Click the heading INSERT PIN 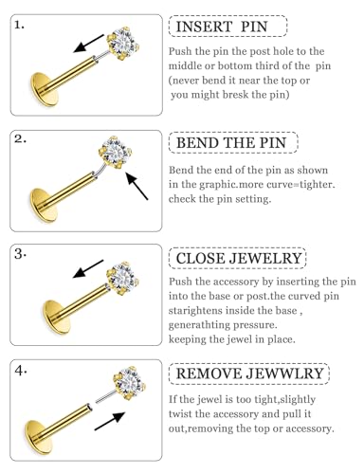click(222, 27)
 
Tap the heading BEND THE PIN click(231, 143)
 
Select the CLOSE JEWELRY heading click(239, 259)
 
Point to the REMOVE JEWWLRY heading click(249, 374)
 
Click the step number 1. click(19, 25)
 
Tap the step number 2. click(20, 139)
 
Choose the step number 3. click(20, 254)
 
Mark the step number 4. click(20, 371)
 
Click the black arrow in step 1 click(88, 44)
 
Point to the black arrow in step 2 click(136, 186)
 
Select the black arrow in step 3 click(88, 269)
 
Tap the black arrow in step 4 click(110, 421)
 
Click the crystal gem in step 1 click(123, 44)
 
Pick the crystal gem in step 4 click(130, 383)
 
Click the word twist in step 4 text click(179, 414)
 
